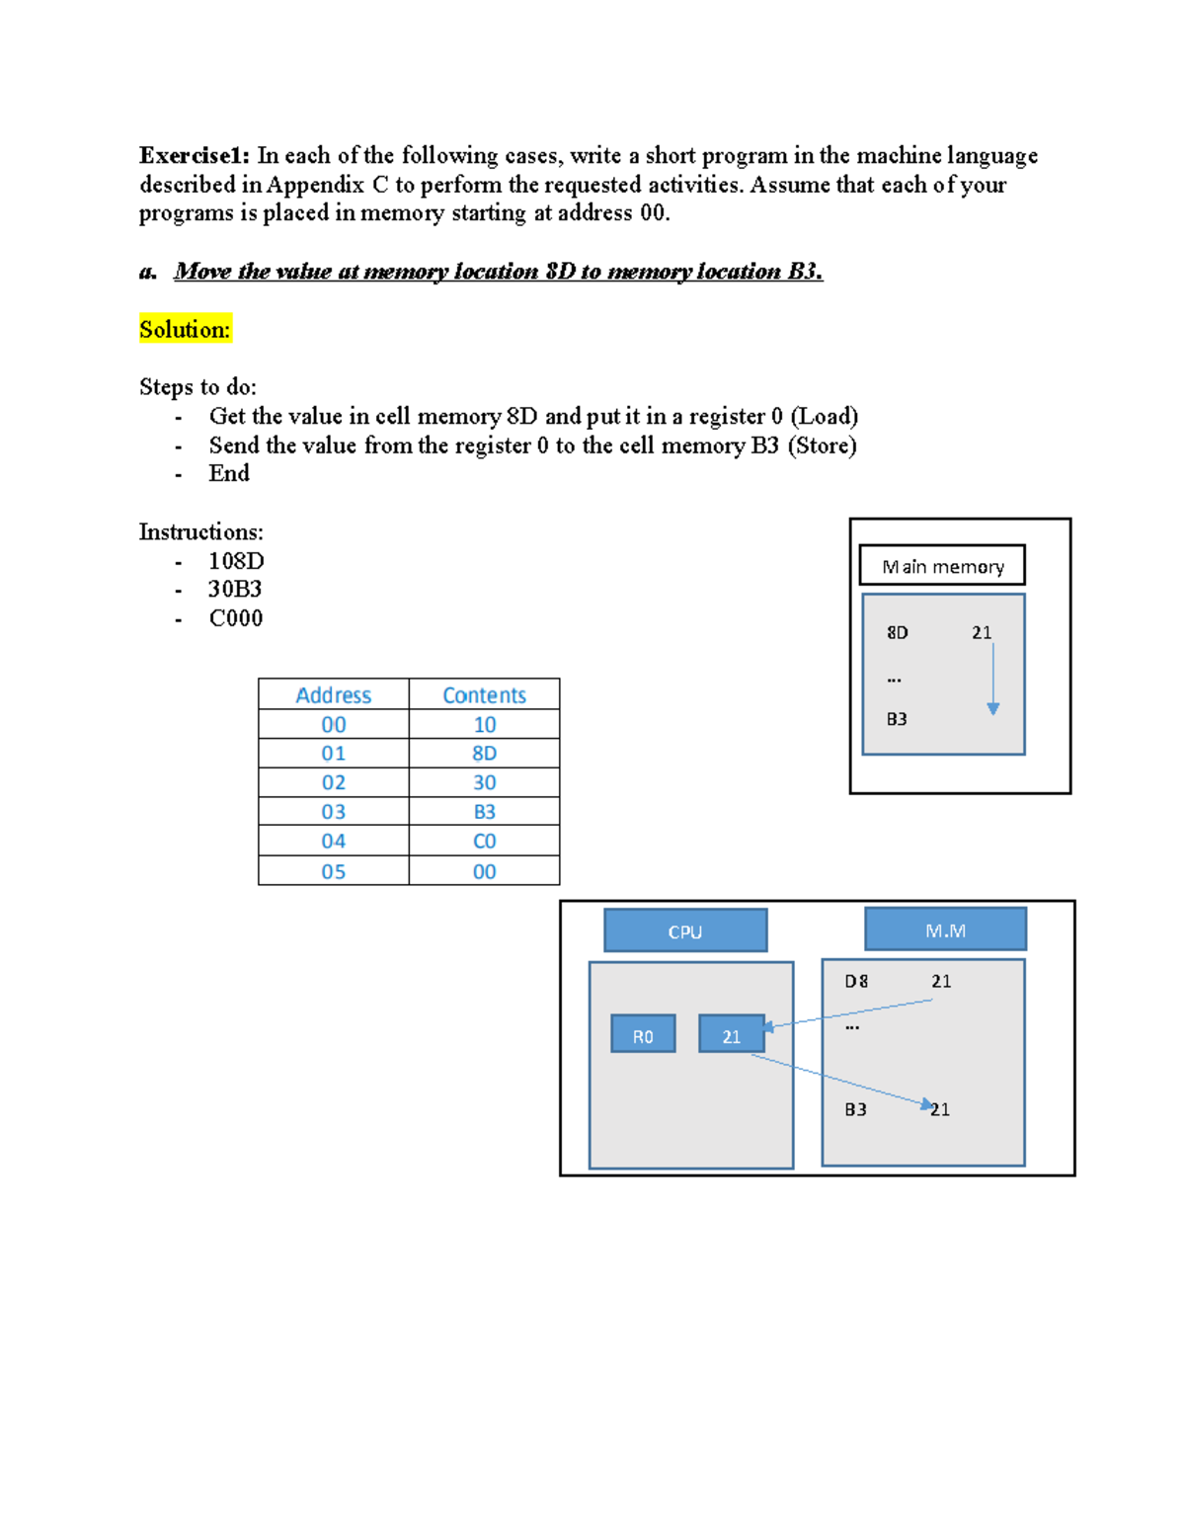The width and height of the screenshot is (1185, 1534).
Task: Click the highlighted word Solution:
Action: coord(185,329)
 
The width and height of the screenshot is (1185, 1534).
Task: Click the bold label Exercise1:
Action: coord(194,155)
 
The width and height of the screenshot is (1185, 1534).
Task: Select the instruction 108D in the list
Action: coord(236,561)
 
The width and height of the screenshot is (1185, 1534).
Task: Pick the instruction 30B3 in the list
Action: coord(235,590)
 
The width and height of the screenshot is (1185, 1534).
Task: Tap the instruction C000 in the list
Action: coord(236,618)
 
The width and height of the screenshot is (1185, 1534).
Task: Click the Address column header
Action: coord(334,694)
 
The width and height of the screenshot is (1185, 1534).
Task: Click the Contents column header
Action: coord(484,694)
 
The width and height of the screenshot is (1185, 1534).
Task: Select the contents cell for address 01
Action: coord(484,754)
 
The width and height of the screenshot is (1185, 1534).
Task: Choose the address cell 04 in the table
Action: coord(334,842)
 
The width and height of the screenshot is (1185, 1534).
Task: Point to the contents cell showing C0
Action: coord(484,842)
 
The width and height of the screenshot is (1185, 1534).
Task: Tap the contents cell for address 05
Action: coord(484,871)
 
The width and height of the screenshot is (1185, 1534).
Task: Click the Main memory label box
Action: coord(942,566)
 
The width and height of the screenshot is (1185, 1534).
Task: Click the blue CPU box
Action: coord(685,930)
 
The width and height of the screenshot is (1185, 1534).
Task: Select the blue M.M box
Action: coord(945,929)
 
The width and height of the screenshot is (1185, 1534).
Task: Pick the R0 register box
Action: coord(643,1034)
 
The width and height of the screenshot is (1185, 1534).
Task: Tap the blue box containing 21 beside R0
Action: coord(731,1034)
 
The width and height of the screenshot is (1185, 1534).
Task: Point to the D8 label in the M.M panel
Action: coord(856,981)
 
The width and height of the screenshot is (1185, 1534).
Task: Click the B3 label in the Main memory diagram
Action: coord(897,719)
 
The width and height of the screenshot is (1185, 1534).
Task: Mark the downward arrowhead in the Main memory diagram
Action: coord(993,708)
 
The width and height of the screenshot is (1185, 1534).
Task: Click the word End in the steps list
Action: coord(229,473)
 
